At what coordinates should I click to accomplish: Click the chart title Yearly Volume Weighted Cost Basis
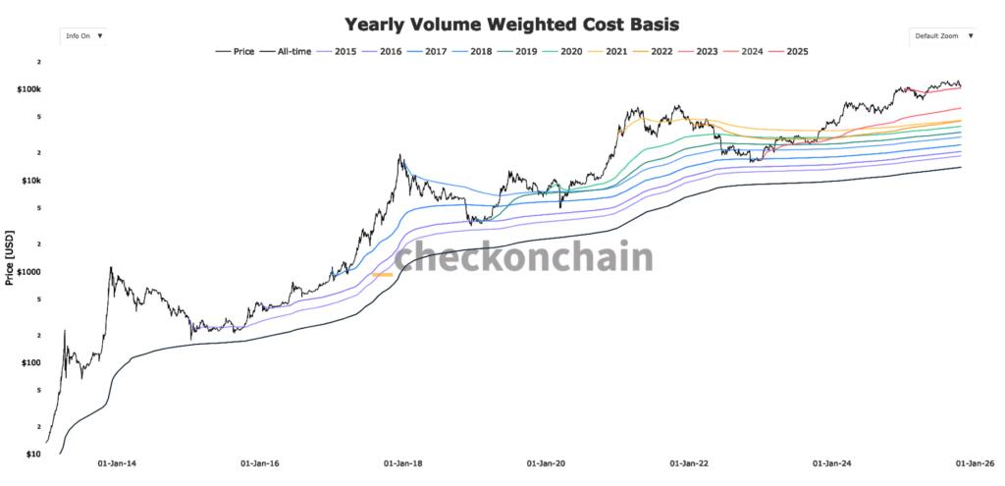click(503, 24)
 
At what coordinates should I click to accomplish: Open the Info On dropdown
click(84, 35)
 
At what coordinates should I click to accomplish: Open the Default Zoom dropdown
click(943, 35)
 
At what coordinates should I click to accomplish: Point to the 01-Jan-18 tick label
click(402, 462)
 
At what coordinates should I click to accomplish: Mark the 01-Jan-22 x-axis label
click(689, 462)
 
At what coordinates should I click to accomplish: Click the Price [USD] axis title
click(10, 258)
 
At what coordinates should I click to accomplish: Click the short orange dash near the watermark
click(382, 275)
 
